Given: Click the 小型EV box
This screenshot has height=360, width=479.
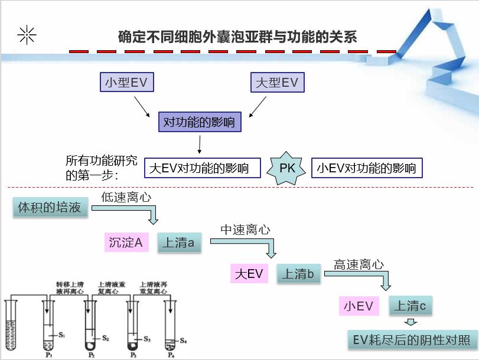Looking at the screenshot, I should pos(126,83).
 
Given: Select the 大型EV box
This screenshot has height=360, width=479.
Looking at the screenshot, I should pos(277,83).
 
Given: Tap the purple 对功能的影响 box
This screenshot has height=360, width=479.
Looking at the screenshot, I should pos(199,123).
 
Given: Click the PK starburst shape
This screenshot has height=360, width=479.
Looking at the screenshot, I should pos(287,168).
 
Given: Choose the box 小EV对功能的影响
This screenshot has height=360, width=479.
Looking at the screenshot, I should pos(367,168).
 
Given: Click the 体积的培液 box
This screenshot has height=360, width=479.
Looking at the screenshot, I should pos(50,208).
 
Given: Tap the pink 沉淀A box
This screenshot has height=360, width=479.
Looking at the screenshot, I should pos(126,242).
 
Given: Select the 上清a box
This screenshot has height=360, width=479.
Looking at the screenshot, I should pos(179,242).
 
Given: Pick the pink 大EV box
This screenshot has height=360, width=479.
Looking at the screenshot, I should pos(249,273).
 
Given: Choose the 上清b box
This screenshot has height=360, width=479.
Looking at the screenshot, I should pos(299,273).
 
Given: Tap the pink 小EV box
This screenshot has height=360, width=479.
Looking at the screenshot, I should pos(359,306).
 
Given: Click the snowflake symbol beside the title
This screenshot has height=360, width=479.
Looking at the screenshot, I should pos(27,36).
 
